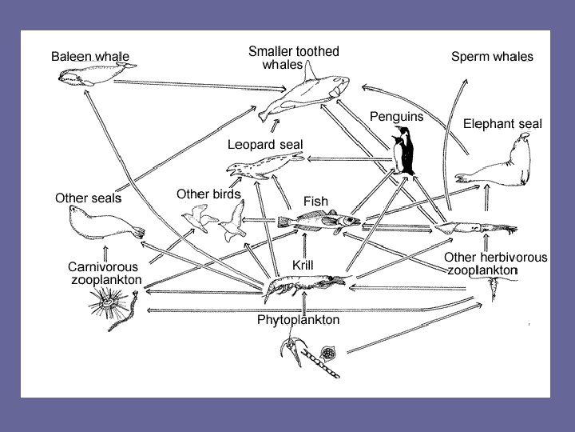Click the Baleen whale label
click(x=89, y=57)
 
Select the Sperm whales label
click(x=492, y=57)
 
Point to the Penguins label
click(x=396, y=116)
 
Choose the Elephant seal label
click(x=502, y=124)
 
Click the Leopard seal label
click(x=265, y=145)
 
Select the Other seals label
click(x=88, y=198)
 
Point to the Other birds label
click(x=208, y=194)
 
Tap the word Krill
click(x=303, y=264)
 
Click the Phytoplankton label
click(x=298, y=320)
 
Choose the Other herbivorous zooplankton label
click(x=495, y=264)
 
